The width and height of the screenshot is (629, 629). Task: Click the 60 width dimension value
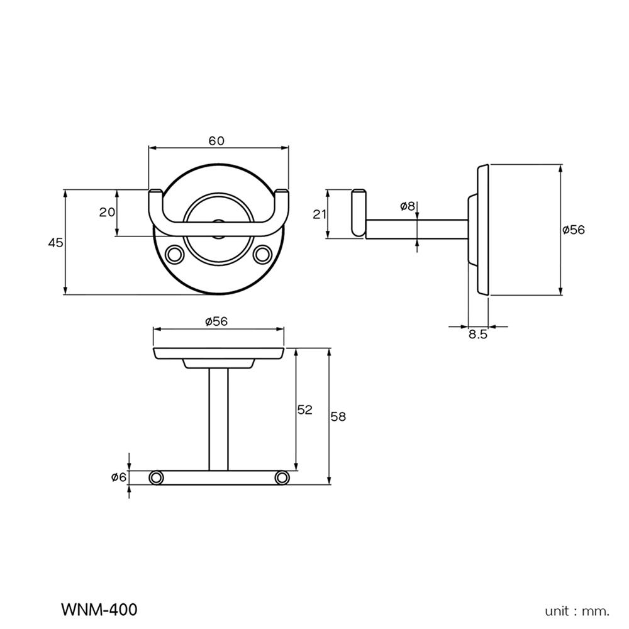[216, 141]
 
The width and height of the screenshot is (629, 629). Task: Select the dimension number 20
[107, 212]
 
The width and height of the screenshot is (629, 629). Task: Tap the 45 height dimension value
[56, 242]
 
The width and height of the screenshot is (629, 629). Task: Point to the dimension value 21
[320, 214]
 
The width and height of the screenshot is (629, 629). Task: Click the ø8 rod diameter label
[408, 206]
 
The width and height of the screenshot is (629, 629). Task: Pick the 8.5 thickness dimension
[478, 335]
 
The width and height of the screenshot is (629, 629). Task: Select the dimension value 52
[304, 410]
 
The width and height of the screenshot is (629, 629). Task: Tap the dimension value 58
[338, 416]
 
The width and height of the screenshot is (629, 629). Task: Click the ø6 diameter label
[119, 478]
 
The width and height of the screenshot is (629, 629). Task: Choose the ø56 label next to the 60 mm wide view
[216, 321]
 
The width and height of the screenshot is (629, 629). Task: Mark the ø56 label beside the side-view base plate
[574, 230]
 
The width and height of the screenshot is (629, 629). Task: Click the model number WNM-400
[99, 610]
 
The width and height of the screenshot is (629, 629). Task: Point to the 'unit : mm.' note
[577, 611]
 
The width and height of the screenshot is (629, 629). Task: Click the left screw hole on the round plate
[174, 254]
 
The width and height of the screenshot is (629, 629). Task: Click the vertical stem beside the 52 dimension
[219, 418]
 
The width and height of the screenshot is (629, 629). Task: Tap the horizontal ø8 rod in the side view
[415, 229]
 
